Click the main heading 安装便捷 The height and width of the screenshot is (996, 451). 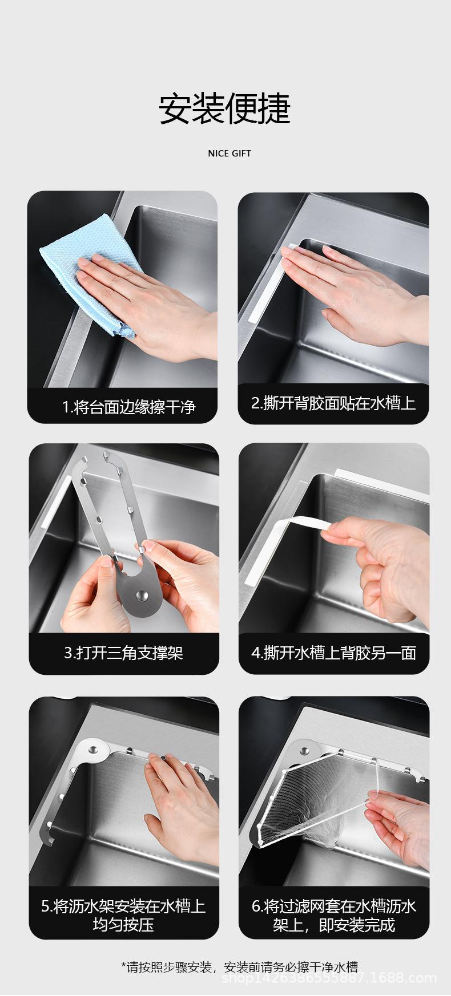(225, 109)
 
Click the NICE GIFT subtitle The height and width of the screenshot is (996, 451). (229, 153)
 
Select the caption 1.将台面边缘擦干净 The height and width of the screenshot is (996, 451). (128, 407)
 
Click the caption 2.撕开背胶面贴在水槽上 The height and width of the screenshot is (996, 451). (333, 403)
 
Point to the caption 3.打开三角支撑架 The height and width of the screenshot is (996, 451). (124, 653)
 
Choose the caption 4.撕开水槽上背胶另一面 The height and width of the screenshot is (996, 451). (333, 653)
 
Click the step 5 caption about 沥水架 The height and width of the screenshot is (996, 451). (123, 915)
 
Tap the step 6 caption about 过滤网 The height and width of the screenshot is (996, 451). (334, 915)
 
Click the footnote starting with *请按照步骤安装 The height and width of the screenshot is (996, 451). (239, 966)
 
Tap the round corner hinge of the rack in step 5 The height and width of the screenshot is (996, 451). (93, 748)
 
